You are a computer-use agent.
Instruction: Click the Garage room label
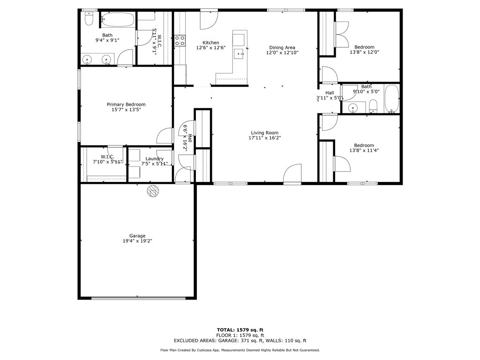(x=137, y=236)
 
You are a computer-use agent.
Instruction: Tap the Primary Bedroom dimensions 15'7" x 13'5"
(x=126, y=110)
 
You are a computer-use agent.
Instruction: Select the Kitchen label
(x=210, y=43)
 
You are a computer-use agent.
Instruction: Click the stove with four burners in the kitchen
(x=180, y=41)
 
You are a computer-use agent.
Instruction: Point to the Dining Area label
(x=282, y=47)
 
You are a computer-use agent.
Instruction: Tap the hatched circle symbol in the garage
(x=153, y=190)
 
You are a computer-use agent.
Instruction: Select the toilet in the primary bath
(x=89, y=18)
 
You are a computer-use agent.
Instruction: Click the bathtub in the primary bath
(x=118, y=20)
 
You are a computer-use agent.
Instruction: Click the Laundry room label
(x=154, y=159)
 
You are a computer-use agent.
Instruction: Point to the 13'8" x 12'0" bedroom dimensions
(x=364, y=52)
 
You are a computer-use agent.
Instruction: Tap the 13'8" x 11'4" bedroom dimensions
(x=364, y=150)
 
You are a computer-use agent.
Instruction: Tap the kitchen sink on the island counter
(x=240, y=53)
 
